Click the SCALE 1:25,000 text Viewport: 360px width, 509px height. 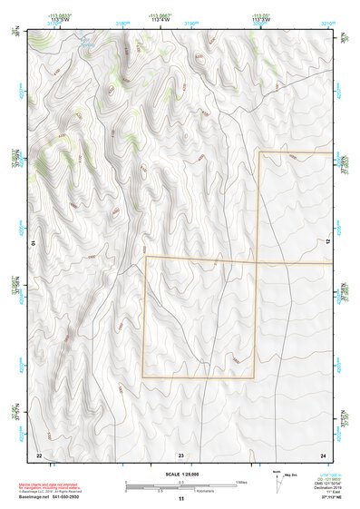(180, 474)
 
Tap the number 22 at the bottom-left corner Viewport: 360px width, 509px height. (39, 455)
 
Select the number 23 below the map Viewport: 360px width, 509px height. (180, 455)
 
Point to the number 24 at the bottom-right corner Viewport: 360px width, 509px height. (323, 455)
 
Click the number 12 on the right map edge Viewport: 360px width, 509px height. (328, 240)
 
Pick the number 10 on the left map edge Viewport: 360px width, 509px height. (33, 243)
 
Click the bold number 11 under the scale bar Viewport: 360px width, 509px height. (180, 499)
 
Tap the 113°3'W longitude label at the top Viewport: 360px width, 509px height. (260, 18)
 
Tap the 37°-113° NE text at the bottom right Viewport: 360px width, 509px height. (323, 497)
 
